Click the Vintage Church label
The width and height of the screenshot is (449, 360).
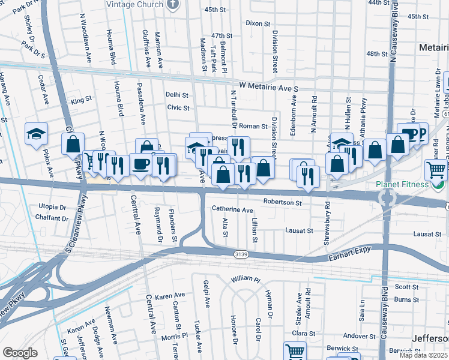(x=134, y=5)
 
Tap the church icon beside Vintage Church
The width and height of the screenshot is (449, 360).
(x=173, y=5)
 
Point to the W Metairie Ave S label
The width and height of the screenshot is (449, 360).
(x=268, y=88)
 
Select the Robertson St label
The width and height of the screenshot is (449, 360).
(x=282, y=203)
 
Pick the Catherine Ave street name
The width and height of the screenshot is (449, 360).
(x=232, y=210)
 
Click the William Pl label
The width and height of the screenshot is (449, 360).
(x=246, y=280)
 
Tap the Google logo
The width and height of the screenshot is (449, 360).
(x=20, y=352)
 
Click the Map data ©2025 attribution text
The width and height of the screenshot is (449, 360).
(x=423, y=355)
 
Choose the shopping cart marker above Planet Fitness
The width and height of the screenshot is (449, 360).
(x=436, y=169)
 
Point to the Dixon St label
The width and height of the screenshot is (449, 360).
(x=259, y=23)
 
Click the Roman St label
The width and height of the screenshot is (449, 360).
(x=253, y=126)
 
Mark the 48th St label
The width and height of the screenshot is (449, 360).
(x=376, y=54)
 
